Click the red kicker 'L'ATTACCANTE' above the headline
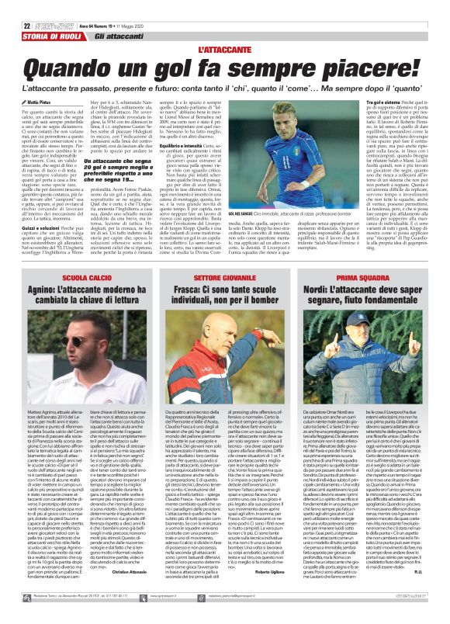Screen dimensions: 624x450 pos(224,50)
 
